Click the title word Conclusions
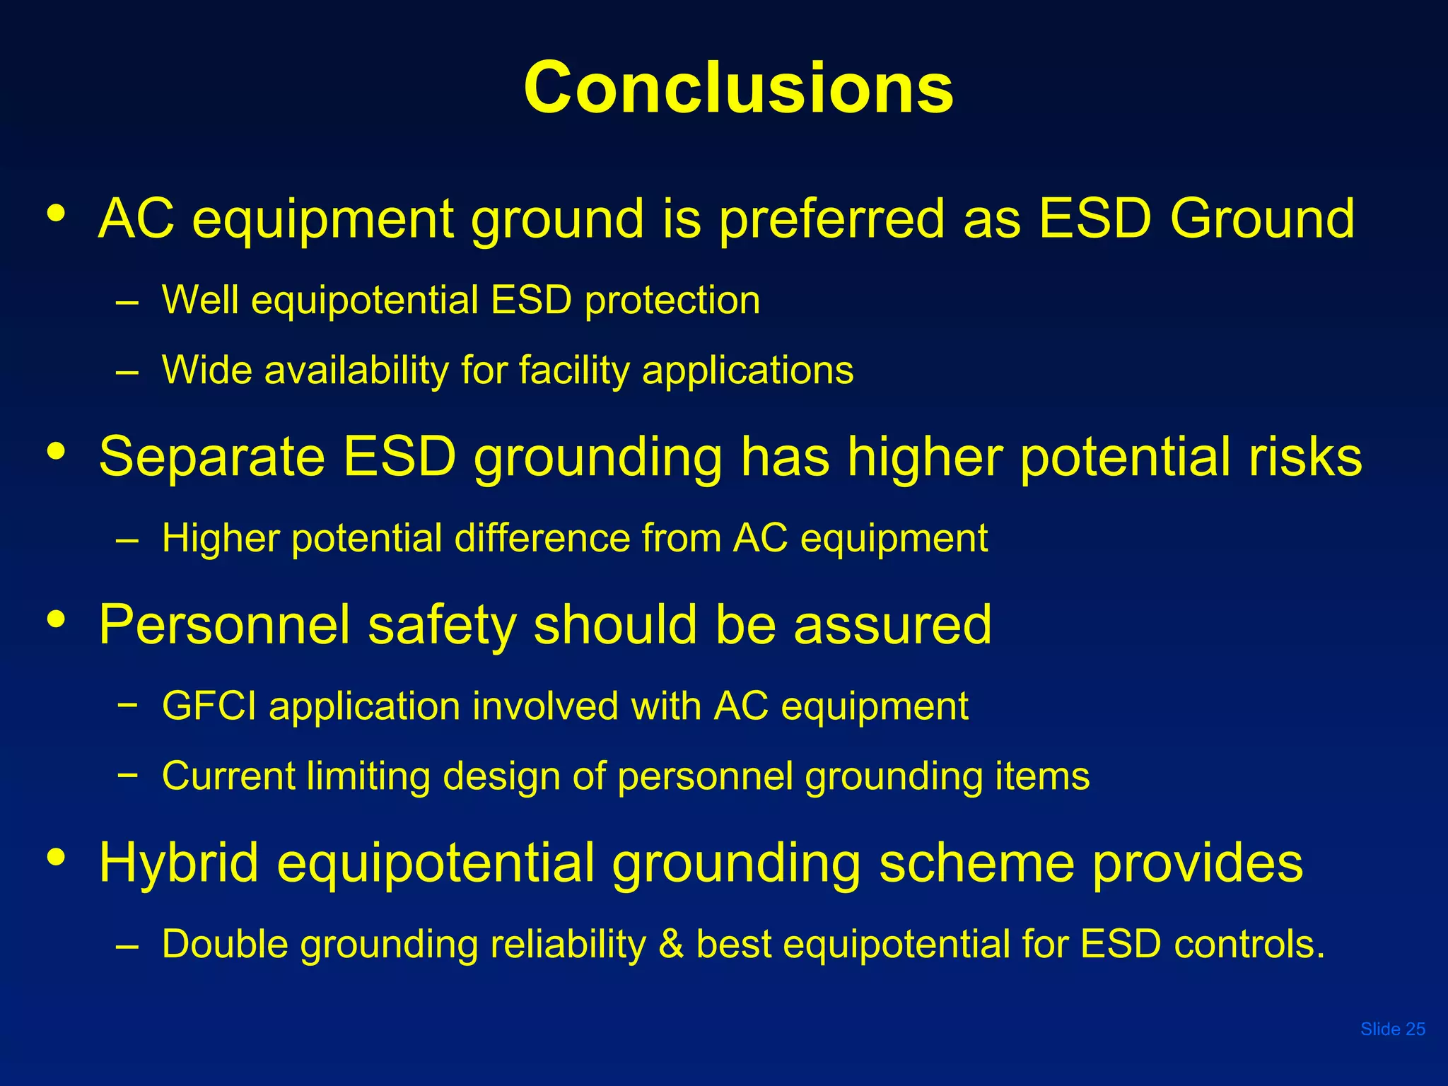(x=738, y=88)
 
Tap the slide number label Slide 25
(x=1392, y=1029)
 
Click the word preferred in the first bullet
(x=831, y=219)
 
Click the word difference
(x=542, y=538)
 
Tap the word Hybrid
(x=178, y=863)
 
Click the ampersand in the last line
(x=671, y=944)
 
